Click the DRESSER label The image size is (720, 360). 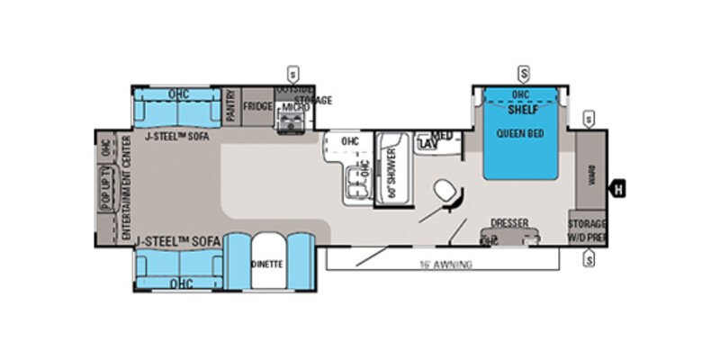click(x=509, y=222)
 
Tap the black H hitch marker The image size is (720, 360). click(x=619, y=189)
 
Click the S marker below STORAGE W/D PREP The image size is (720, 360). click(x=589, y=260)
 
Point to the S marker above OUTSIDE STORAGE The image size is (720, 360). click(x=292, y=72)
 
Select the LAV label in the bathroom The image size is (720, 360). click(x=427, y=144)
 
